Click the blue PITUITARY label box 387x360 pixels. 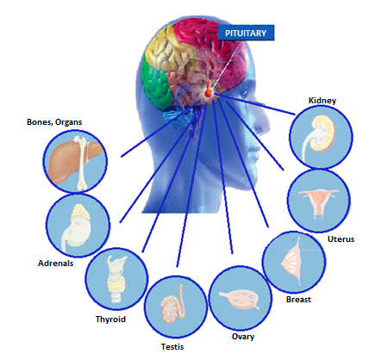click(246, 33)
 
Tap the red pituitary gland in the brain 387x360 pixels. click(209, 90)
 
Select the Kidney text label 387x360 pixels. click(322, 101)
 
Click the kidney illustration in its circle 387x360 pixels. click(319, 136)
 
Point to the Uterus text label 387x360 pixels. click(340, 239)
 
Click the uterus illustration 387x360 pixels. click(319, 202)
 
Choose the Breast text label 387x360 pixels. click(298, 300)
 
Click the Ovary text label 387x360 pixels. click(243, 337)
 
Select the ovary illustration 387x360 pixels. click(239, 299)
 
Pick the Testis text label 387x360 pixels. click(172, 347)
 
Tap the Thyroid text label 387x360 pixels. click(110, 320)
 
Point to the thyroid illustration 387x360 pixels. click(116, 278)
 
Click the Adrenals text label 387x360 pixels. click(55, 264)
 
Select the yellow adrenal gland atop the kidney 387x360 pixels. click(80, 211)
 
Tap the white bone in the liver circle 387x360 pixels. click(83, 163)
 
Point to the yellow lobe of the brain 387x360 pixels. click(165, 49)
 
